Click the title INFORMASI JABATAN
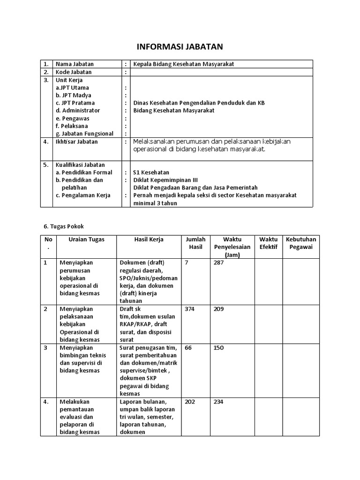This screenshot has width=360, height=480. coord(180,46)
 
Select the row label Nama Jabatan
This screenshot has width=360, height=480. coord(75,64)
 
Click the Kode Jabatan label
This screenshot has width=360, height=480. coord(74,72)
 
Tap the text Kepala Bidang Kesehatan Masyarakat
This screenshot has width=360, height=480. coord(183,64)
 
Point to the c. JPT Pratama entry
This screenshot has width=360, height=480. coord(75,103)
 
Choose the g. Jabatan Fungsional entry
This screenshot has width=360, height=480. coord(84,134)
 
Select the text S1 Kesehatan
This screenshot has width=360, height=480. coord(151,172)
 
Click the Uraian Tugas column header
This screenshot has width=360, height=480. coord(86,240)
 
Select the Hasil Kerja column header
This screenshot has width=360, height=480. coord(149,240)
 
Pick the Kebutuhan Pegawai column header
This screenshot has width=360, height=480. coord(301,243)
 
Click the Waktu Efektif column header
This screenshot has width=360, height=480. coord(268,243)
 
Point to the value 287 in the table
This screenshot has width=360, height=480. coord(219,263)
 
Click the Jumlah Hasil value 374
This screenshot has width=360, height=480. coord(190,309)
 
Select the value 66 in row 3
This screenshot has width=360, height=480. coord(188,348)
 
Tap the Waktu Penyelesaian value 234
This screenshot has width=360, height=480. coord(219,402)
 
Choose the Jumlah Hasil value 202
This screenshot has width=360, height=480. coord(190,402)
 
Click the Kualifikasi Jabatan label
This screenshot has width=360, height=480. coord(80,165)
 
